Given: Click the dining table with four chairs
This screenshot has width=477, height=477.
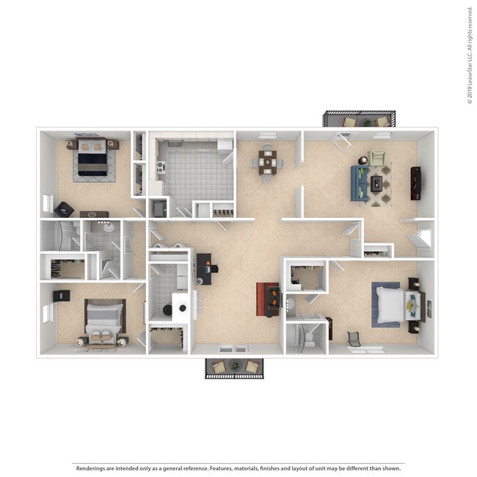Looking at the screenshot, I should coord(267,162).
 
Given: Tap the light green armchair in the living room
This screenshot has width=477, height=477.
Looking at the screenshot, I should coord(377,157).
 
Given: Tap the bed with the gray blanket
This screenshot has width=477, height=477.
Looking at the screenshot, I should coord(103,320).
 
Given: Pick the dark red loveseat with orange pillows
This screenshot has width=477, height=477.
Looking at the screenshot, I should coord(268,299).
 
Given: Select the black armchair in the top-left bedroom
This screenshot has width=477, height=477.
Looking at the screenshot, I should coord(65,208).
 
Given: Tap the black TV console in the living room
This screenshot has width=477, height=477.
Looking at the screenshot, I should coord(416,183).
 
